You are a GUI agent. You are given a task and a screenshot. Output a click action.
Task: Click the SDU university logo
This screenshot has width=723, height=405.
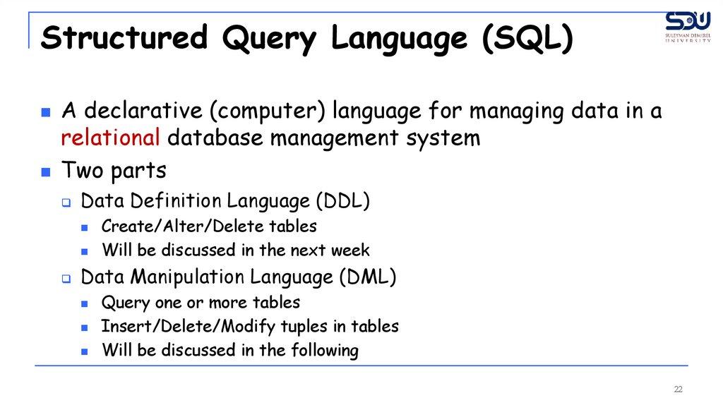[x=688, y=27]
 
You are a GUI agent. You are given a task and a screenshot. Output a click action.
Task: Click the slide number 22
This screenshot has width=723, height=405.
[x=678, y=389]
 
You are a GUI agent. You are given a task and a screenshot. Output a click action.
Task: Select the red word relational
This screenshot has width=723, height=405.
[x=110, y=138]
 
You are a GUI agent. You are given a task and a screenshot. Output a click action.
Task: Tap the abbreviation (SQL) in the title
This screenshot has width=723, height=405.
[x=527, y=38]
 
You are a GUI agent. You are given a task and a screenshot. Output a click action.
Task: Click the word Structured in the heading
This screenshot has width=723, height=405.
[x=124, y=37]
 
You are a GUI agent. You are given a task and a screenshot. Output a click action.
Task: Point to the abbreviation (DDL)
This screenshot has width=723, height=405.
[x=343, y=201]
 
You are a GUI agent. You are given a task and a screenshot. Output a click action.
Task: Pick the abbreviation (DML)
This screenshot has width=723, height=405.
[x=368, y=277]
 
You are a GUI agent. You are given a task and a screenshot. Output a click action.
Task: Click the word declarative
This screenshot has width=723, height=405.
[x=143, y=110]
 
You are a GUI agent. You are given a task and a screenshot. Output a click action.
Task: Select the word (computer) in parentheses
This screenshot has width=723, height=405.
[x=268, y=111]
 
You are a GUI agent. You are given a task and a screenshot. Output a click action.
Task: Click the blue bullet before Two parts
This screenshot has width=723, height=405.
[x=46, y=172]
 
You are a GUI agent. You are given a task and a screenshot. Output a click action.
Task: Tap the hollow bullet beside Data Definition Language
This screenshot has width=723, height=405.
[x=66, y=202]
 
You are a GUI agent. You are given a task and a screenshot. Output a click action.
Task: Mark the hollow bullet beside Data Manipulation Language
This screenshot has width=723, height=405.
[x=66, y=278]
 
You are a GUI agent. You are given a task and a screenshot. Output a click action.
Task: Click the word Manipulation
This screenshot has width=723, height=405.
[x=187, y=277]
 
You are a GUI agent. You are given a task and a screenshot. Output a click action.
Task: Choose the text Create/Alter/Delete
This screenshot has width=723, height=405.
[x=182, y=226]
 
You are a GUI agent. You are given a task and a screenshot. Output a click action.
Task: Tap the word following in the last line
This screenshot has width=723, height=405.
[x=325, y=350]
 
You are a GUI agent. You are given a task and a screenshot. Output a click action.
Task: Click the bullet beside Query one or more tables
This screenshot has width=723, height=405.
[x=85, y=303]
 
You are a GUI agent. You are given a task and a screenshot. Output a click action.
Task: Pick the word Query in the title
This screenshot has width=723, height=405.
[x=269, y=39]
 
